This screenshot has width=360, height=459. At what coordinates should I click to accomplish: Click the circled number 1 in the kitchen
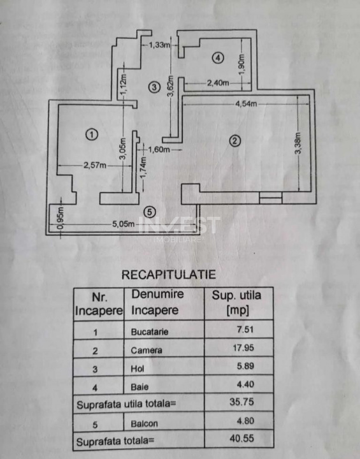click(92, 135)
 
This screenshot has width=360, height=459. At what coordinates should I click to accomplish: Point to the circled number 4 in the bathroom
click(218, 58)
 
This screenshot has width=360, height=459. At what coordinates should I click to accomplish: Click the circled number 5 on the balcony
click(149, 212)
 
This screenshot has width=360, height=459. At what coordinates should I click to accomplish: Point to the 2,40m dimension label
click(218, 82)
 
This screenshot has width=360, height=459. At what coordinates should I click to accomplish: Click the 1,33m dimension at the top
click(159, 45)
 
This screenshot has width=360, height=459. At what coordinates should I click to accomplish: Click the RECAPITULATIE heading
click(168, 275)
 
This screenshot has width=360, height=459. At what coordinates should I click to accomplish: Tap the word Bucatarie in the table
click(147, 332)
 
